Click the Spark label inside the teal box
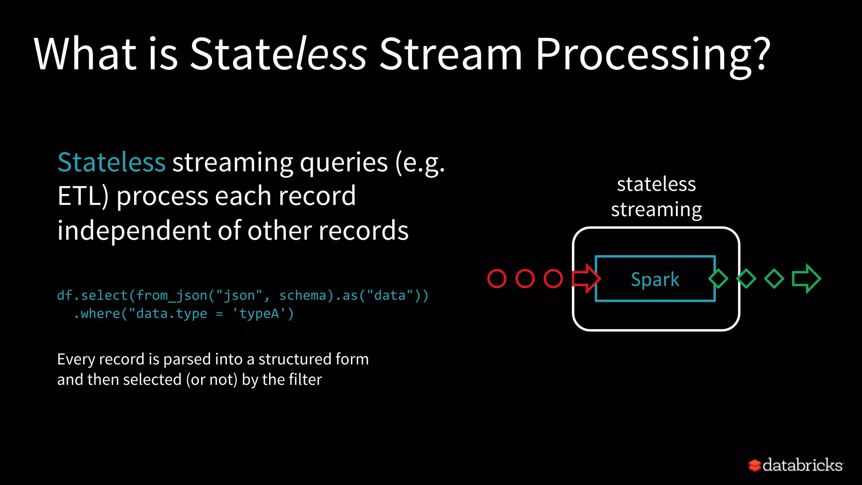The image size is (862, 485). tap(655, 279)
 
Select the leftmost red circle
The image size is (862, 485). tap(497, 279)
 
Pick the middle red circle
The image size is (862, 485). tap(525, 279)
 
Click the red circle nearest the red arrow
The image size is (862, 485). tap(553, 279)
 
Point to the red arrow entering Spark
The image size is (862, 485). tap(586, 278)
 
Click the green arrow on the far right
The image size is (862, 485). tap(806, 278)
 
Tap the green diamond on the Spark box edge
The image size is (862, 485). tap(718, 278)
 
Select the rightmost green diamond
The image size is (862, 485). tap(774, 278)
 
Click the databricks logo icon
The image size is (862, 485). tap(754, 465)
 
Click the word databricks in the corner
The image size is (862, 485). tap(802, 465)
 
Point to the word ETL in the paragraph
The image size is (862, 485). tap(79, 196)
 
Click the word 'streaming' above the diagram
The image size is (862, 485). tap(656, 210)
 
